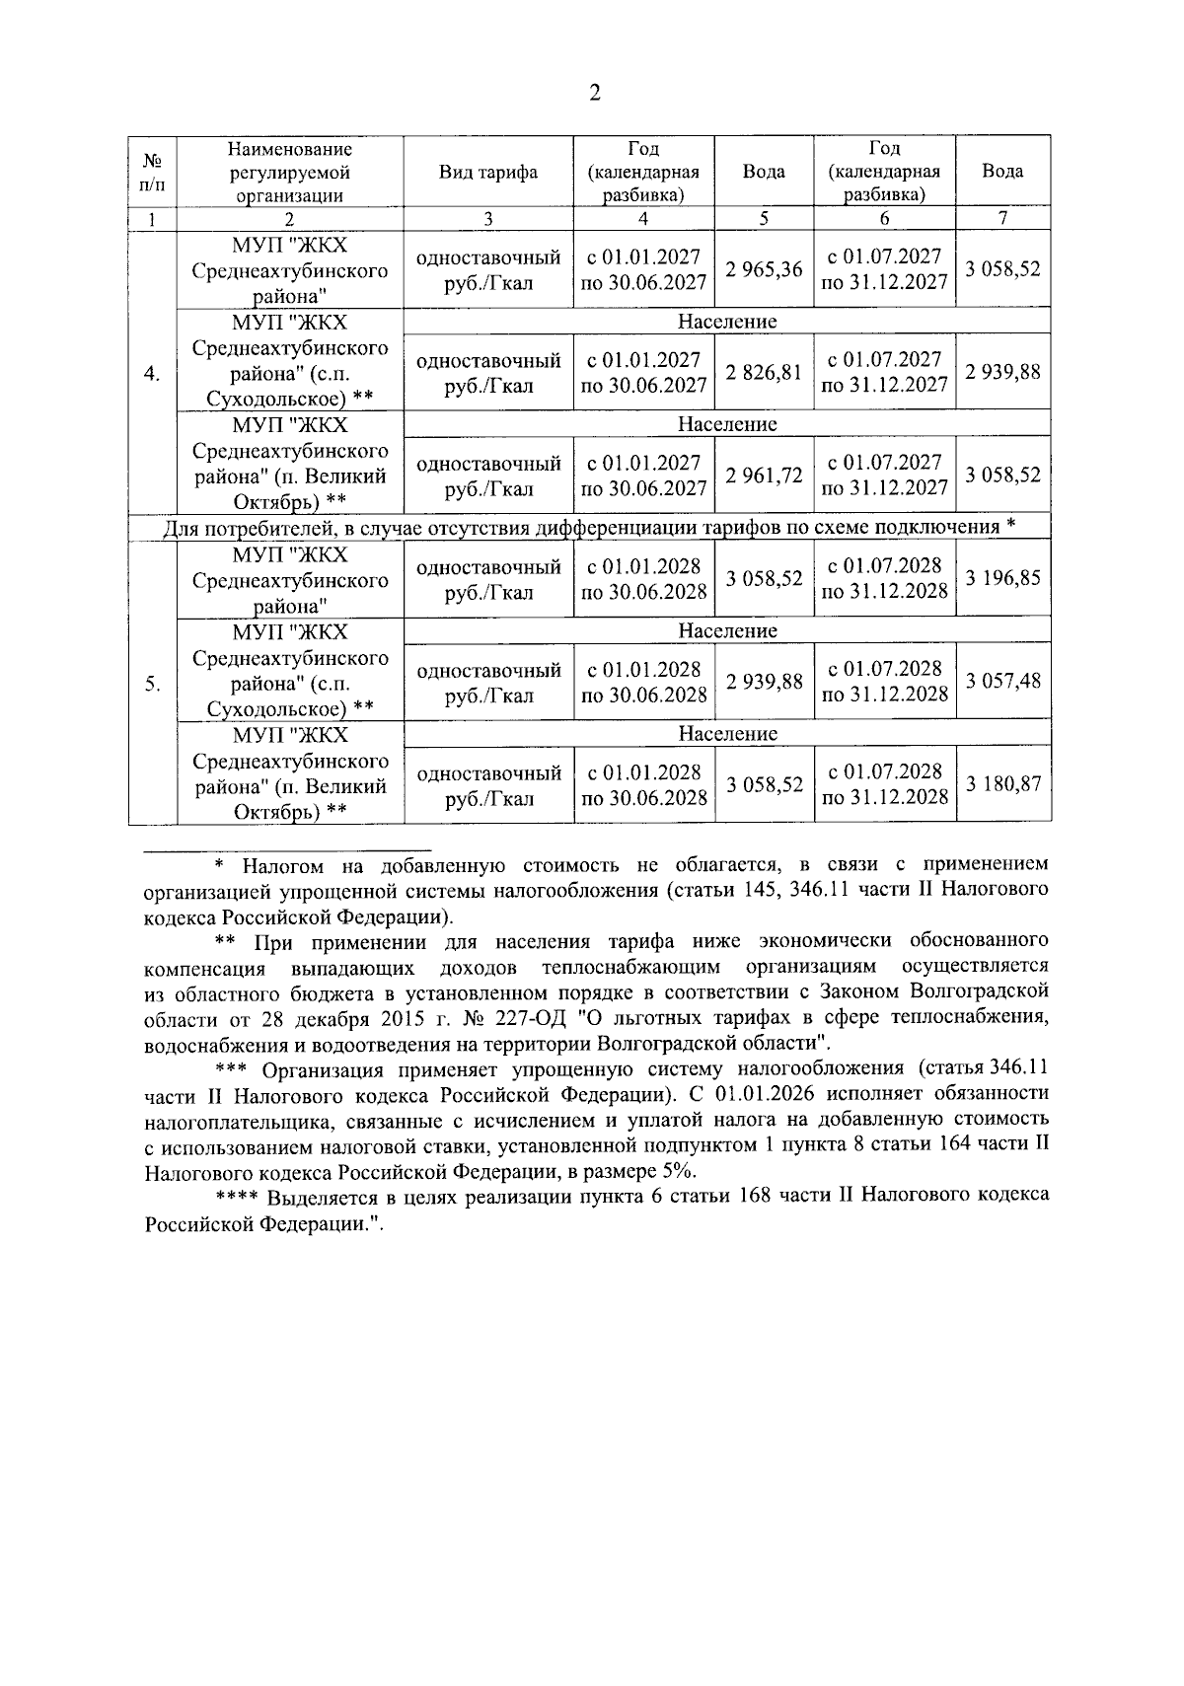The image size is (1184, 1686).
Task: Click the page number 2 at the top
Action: click(593, 94)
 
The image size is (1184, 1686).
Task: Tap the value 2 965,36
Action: click(764, 269)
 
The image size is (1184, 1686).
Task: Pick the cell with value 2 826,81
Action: click(764, 373)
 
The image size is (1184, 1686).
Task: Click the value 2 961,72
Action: click(764, 476)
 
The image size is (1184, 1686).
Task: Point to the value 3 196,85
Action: click(1002, 579)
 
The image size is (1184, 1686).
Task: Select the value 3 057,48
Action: click(1002, 682)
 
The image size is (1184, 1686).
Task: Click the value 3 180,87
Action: click(1002, 785)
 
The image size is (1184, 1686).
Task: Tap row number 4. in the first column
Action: click(152, 374)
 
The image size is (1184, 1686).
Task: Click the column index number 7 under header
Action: click(1002, 219)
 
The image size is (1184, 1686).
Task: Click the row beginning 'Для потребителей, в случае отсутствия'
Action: click(589, 528)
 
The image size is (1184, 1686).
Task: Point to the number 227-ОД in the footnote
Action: click(519, 1017)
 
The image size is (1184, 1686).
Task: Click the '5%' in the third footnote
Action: click(679, 1171)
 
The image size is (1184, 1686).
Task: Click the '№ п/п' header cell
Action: click(152, 172)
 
